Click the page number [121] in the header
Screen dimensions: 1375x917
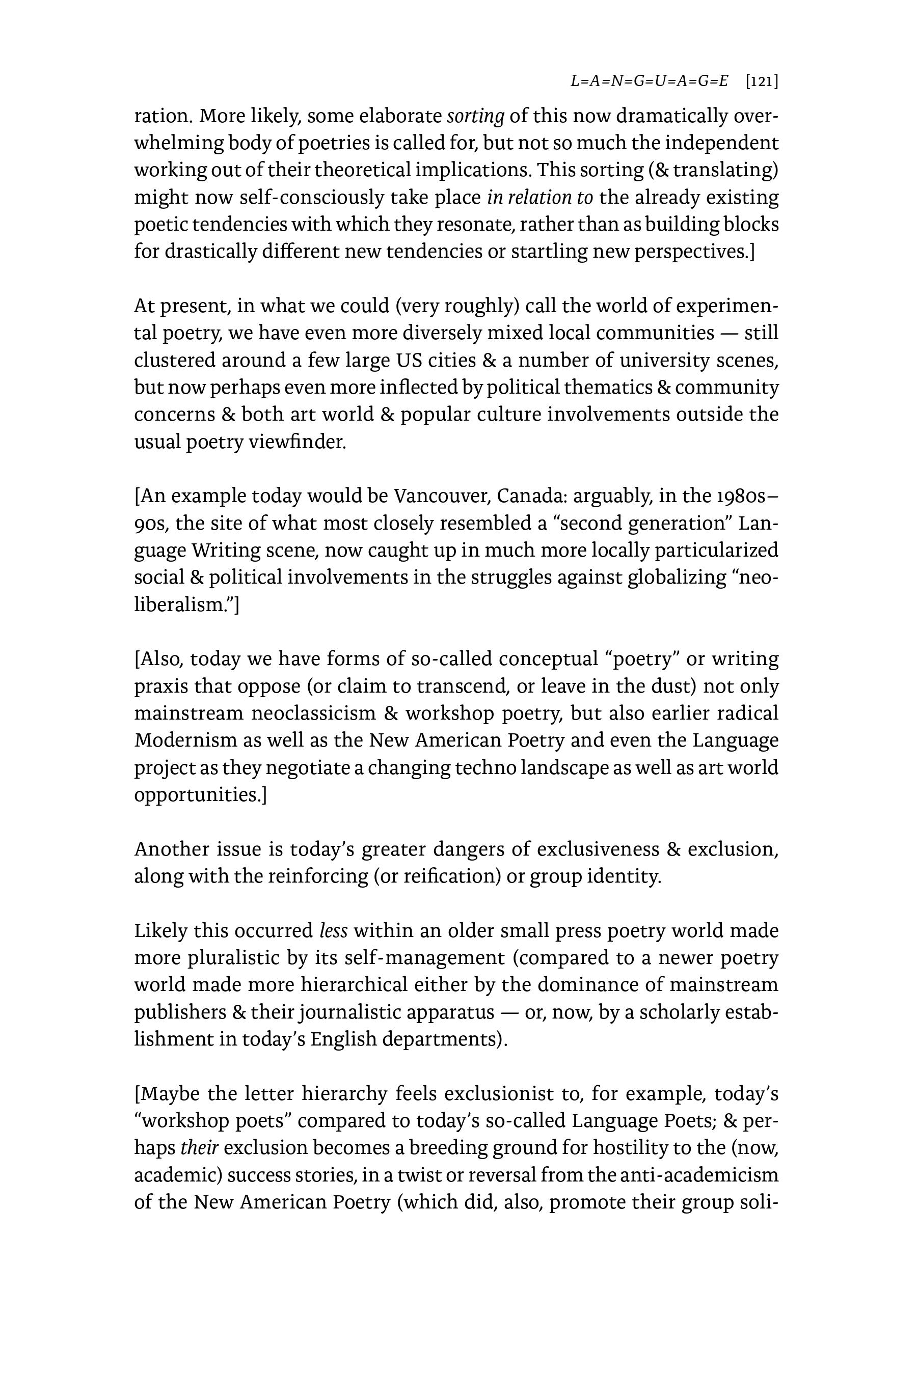click(762, 81)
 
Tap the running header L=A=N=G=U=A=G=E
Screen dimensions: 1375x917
click(649, 81)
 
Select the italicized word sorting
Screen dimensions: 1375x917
click(475, 116)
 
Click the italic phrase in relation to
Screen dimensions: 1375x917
click(539, 198)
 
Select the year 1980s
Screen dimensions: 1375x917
click(740, 496)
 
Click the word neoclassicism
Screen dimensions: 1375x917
click(313, 714)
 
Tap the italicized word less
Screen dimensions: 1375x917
click(333, 931)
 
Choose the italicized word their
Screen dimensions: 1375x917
click(199, 1147)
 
